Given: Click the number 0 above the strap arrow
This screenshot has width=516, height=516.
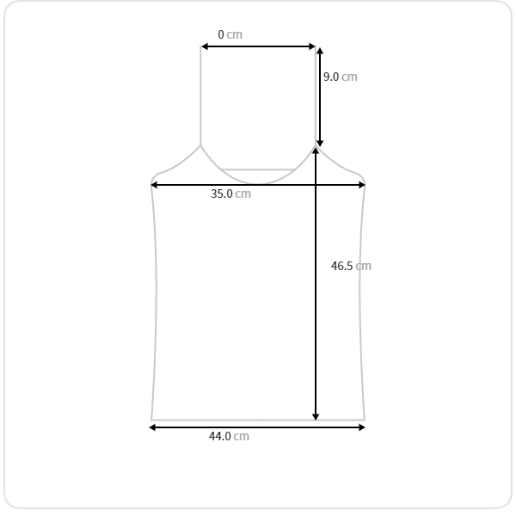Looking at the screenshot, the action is (x=221, y=34).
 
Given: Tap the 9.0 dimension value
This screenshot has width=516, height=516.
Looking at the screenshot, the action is (x=331, y=77).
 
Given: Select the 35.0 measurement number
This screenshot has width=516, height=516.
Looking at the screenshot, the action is (x=222, y=193).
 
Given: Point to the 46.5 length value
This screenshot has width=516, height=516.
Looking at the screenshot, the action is (x=342, y=266).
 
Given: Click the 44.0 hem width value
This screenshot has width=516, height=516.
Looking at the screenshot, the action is (x=220, y=436).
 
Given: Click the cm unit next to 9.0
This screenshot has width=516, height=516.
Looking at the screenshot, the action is (x=349, y=77).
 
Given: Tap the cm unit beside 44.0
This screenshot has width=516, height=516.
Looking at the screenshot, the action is (x=241, y=436).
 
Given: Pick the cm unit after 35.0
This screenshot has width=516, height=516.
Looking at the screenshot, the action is (x=243, y=193).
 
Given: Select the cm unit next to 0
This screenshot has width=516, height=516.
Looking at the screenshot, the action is (x=234, y=34).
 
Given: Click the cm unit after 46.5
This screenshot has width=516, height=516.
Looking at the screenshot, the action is (x=363, y=267).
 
